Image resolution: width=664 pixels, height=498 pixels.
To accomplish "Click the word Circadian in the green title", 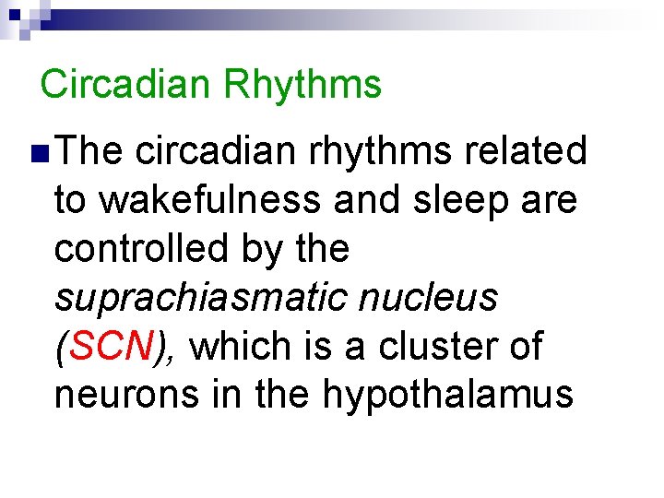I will [x=125, y=84].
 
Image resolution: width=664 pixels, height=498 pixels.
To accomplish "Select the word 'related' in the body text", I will [x=526, y=151].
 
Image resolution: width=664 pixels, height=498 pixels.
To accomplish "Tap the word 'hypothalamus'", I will [x=448, y=396].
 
